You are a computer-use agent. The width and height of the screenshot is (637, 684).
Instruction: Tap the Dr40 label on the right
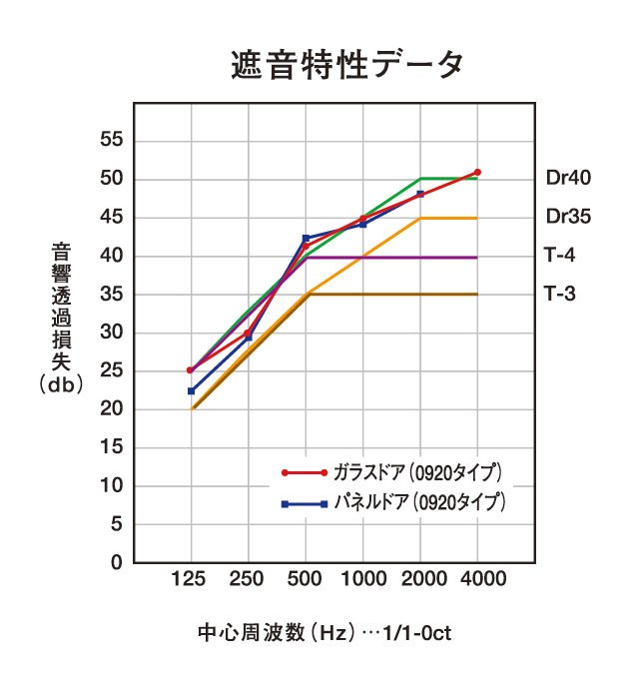click(569, 179)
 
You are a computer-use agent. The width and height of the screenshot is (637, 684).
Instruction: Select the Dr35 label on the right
click(569, 217)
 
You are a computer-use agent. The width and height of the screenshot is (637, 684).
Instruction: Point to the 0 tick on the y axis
click(117, 563)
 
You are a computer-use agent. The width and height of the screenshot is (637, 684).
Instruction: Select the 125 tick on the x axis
click(190, 579)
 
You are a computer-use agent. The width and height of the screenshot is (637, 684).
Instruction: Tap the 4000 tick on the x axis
click(477, 579)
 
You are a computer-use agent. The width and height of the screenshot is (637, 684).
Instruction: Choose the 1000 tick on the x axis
click(362, 579)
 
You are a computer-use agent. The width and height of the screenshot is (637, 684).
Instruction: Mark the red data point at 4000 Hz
click(477, 173)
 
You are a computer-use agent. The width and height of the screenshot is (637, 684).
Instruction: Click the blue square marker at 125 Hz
click(190, 390)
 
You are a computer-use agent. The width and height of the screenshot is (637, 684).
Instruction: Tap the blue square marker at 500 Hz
click(306, 238)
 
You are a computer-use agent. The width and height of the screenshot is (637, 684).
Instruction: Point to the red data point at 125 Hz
click(190, 370)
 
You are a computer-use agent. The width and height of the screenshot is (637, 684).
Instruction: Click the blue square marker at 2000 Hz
click(420, 194)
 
